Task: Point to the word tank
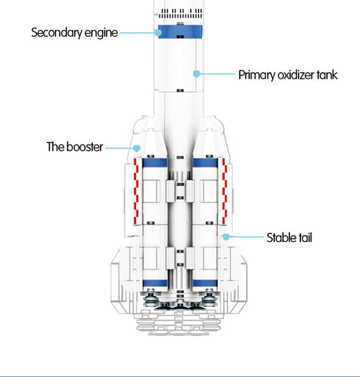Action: tap(327, 75)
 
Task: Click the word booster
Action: tap(85, 147)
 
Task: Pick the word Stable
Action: tap(281, 238)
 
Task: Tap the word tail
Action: tap(305, 238)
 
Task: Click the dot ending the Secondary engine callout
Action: tap(158, 33)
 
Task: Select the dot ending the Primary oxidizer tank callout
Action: tap(197, 74)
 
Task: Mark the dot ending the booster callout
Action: tap(137, 148)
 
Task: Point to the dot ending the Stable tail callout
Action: tap(226, 236)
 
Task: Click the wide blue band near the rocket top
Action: tap(180, 32)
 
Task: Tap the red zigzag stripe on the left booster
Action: tap(136, 191)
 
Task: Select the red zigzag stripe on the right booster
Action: tap(224, 191)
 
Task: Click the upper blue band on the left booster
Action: tap(155, 163)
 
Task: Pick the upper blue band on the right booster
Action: tap(205, 163)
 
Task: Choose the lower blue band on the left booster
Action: tap(155, 284)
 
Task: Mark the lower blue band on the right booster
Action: tap(205, 284)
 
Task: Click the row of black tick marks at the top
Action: tap(181, 13)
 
